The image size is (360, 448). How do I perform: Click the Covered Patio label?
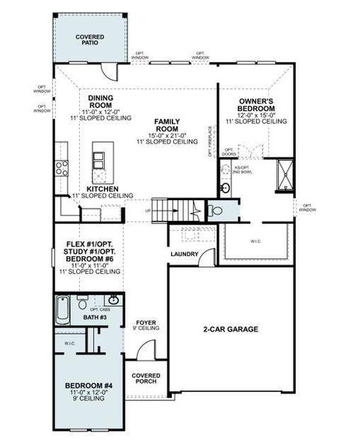(x=90, y=40)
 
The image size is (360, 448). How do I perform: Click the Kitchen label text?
(x=102, y=190)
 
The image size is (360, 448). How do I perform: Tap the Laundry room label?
(x=184, y=255)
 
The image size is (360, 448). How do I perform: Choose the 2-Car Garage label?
(x=230, y=329)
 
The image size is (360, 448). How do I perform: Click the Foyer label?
(x=146, y=323)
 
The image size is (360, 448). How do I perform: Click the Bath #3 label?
(x=94, y=318)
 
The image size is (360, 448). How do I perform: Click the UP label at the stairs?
(x=146, y=211)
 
